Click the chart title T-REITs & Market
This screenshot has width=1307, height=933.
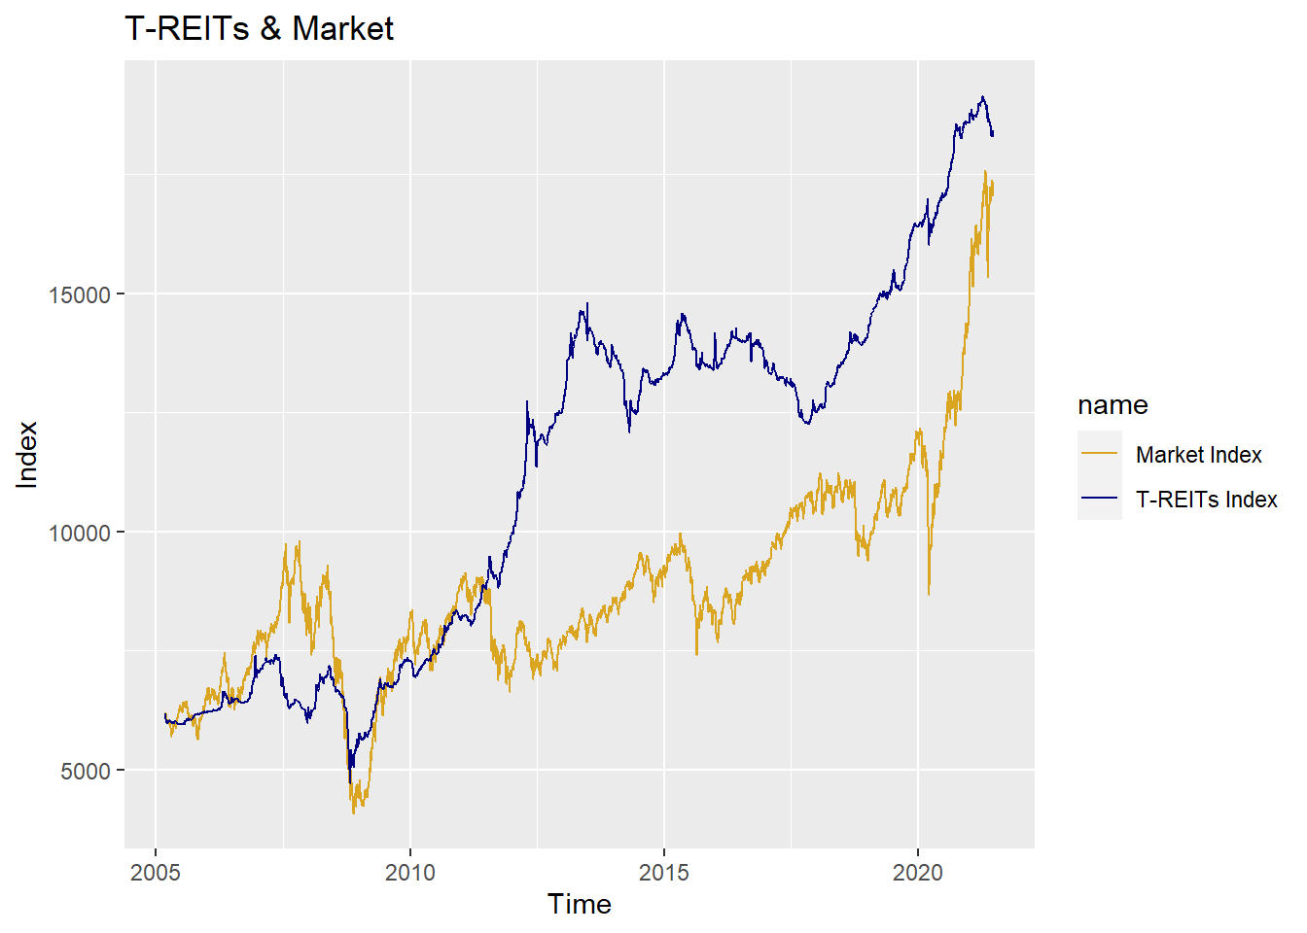pos(259,29)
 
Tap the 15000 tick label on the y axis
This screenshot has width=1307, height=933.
pos(79,295)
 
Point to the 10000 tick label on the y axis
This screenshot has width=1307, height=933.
pos(79,533)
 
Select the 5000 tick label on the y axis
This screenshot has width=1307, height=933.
pos(86,771)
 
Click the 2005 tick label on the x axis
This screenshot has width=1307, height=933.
pos(156,872)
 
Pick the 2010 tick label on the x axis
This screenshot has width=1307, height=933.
pos(409,872)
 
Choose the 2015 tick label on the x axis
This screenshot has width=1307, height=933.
pos(664,872)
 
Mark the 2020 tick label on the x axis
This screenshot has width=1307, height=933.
pos(918,872)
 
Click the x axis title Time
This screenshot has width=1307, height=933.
pos(580,905)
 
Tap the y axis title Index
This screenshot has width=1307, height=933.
pos(27,455)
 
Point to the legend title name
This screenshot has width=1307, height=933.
pos(1113,405)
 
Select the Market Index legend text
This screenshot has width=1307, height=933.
pos(1198,455)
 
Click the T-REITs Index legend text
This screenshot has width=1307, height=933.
pos(1206,500)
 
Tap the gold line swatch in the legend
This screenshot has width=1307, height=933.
pos(1100,455)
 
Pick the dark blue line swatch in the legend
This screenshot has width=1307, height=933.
pos(1100,500)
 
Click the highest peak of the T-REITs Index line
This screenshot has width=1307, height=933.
pos(983,97)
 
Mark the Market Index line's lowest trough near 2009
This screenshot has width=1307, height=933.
pos(354,812)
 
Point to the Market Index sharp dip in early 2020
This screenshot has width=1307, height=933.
pos(929,594)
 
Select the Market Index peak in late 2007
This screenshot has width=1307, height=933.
pos(299,542)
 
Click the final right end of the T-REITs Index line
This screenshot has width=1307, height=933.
pos(992,134)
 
